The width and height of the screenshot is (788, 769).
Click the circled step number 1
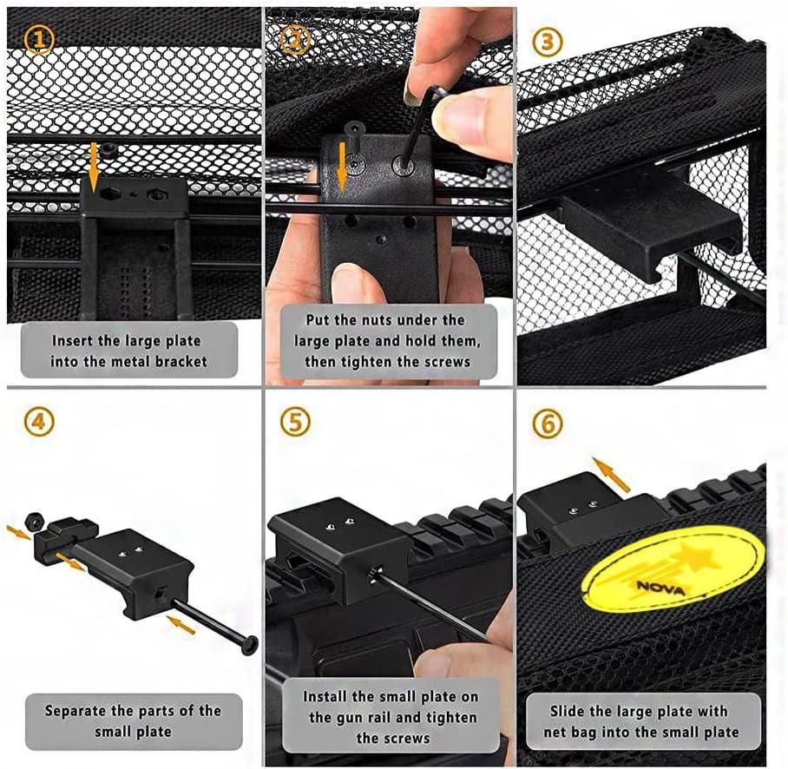[x=39, y=39]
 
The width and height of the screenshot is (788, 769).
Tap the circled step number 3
[x=548, y=42]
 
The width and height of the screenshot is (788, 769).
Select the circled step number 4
[x=39, y=421]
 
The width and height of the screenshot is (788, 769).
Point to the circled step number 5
[x=295, y=421]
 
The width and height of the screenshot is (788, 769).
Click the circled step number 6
[x=548, y=423]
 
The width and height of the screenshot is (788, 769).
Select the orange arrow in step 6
[x=611, y=474]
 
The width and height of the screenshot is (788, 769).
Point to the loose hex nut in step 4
[x=33, y=522]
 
